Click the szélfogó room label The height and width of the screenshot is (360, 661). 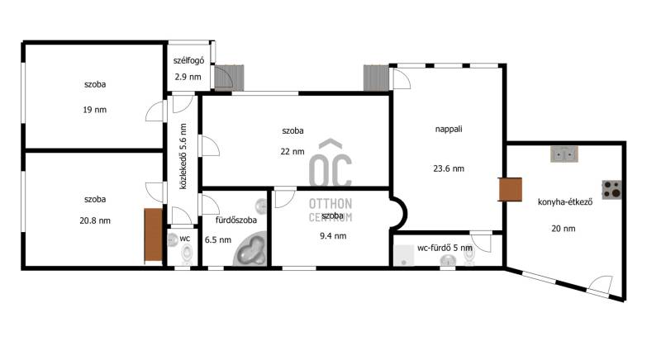point(188,60)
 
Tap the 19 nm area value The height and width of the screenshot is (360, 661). point(95,110)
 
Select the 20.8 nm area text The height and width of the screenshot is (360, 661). point(95,220)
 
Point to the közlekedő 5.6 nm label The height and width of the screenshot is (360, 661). point(183,156)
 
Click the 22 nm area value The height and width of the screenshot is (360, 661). point(292,152)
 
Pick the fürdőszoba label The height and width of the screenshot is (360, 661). point(236,220)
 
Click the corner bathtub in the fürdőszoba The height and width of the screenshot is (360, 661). point(250,251)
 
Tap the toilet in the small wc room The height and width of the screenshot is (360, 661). point(188,253)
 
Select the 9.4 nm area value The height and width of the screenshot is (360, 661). point(333,236)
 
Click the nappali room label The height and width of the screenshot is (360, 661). point(449,130)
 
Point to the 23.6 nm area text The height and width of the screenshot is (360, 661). point(449,168)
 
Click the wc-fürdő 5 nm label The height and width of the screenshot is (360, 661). point(445,248)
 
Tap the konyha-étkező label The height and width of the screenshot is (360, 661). point(565,202)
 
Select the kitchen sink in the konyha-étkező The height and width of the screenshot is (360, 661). point(564,154)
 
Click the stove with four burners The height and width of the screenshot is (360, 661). point(611,189)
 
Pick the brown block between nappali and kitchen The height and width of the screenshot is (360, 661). point(510,189)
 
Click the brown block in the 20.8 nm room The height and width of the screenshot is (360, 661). point(153,235)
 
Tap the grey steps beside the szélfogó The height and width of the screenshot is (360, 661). point(230,78)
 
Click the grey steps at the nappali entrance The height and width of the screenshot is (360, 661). point(376,78)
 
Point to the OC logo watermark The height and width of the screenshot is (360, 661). point(330,163)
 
